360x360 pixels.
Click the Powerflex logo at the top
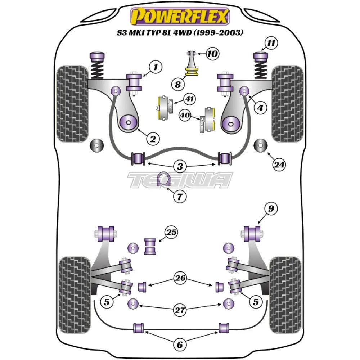(x=180, y=17)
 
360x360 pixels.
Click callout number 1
(x=156, y=67)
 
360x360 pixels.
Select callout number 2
(x=152, y=138)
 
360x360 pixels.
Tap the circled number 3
(x=180, y=166)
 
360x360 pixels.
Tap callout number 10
(x=213, y=54)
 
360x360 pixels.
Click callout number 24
(x=279, y=165)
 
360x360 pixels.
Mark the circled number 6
(x=179, y=345)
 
